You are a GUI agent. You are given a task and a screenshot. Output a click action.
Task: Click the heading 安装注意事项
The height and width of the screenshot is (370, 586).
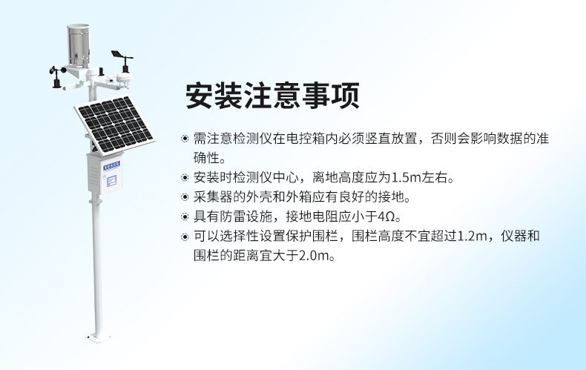pos(271,95)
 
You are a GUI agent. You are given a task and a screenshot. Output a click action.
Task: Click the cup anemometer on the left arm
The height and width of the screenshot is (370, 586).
pos(57,76)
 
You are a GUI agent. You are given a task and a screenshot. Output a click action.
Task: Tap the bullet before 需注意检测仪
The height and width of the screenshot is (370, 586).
pos(185,139)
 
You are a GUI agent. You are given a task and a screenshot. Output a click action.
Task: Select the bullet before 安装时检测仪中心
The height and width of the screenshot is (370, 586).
pos(185,178)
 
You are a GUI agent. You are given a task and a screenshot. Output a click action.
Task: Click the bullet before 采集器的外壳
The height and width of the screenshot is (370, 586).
pos(185,198)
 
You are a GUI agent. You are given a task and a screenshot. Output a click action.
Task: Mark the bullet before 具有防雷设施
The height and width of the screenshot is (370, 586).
pos(185,217)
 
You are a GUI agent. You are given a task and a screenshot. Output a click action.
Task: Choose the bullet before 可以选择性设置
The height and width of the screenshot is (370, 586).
pos(185,237)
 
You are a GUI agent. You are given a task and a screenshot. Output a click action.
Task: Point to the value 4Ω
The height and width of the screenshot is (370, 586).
pos(389,217)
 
